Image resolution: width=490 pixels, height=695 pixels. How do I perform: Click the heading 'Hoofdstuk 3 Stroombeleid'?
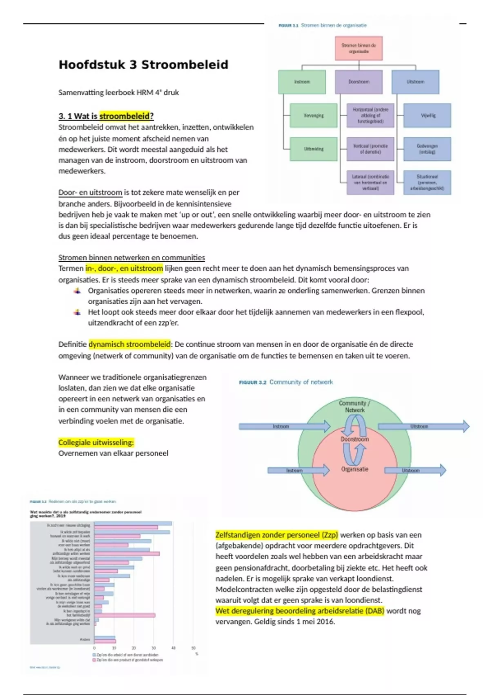click(143, 65)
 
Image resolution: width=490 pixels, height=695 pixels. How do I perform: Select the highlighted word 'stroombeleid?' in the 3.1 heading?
click(127, 116)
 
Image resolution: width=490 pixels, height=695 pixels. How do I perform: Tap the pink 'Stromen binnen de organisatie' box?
click(359, 49)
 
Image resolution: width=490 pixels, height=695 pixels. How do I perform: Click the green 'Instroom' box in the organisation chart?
click(302, 82)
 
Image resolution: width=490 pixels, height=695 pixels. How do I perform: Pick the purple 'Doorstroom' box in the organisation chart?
click(359, 82)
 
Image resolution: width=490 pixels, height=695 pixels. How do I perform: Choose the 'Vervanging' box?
click(314, 116)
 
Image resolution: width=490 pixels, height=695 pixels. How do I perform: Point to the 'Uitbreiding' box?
click(314, 149)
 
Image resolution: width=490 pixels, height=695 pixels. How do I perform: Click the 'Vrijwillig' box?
click(427, 116)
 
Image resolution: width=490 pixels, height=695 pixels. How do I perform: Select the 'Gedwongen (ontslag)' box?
click(427, 149)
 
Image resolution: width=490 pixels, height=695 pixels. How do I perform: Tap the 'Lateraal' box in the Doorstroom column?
click(370, 182)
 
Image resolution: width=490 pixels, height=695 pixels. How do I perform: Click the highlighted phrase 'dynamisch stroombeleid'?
click(129, 344)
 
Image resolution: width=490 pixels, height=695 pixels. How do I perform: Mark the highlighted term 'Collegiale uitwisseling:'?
click(96, 442)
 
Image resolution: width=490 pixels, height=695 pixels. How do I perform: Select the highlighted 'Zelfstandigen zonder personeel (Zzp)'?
click(277, 535)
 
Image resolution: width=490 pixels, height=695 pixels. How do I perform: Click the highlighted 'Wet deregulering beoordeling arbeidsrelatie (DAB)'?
click(300, 611)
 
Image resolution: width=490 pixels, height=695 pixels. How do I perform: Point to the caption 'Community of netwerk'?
click(301, 382)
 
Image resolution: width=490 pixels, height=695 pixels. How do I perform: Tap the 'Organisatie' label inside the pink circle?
click(354, 469)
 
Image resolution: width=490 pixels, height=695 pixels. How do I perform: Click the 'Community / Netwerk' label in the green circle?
click(354, 406)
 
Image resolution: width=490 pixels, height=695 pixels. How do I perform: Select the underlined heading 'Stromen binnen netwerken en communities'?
click(131, 258)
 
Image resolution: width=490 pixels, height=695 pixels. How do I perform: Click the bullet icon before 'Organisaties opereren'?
click(77, 291)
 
